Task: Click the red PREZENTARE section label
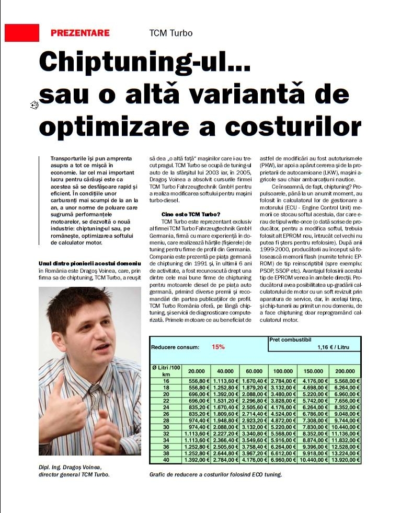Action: (80, 33)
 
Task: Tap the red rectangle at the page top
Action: (22, 32)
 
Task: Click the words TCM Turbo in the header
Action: (170, 33)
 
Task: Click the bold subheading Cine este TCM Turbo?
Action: (191, 215)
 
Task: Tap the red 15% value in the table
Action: (218, 346)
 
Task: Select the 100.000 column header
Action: (282, 371)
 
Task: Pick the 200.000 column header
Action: (345, 371)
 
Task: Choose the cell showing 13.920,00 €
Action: (345, 460)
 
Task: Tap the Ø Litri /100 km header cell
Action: (166, 371)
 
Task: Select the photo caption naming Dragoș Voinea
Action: (74, 471)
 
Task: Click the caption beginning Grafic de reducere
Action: (215, 474)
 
